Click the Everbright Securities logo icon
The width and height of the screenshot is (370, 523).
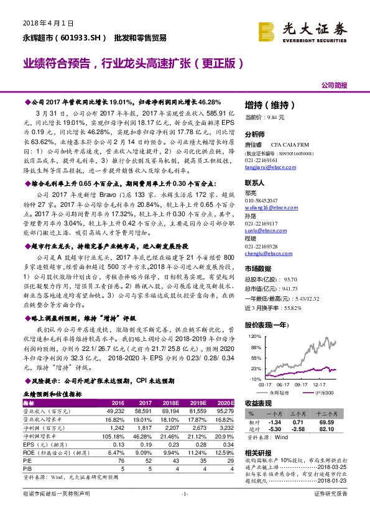[x=267, y=30]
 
